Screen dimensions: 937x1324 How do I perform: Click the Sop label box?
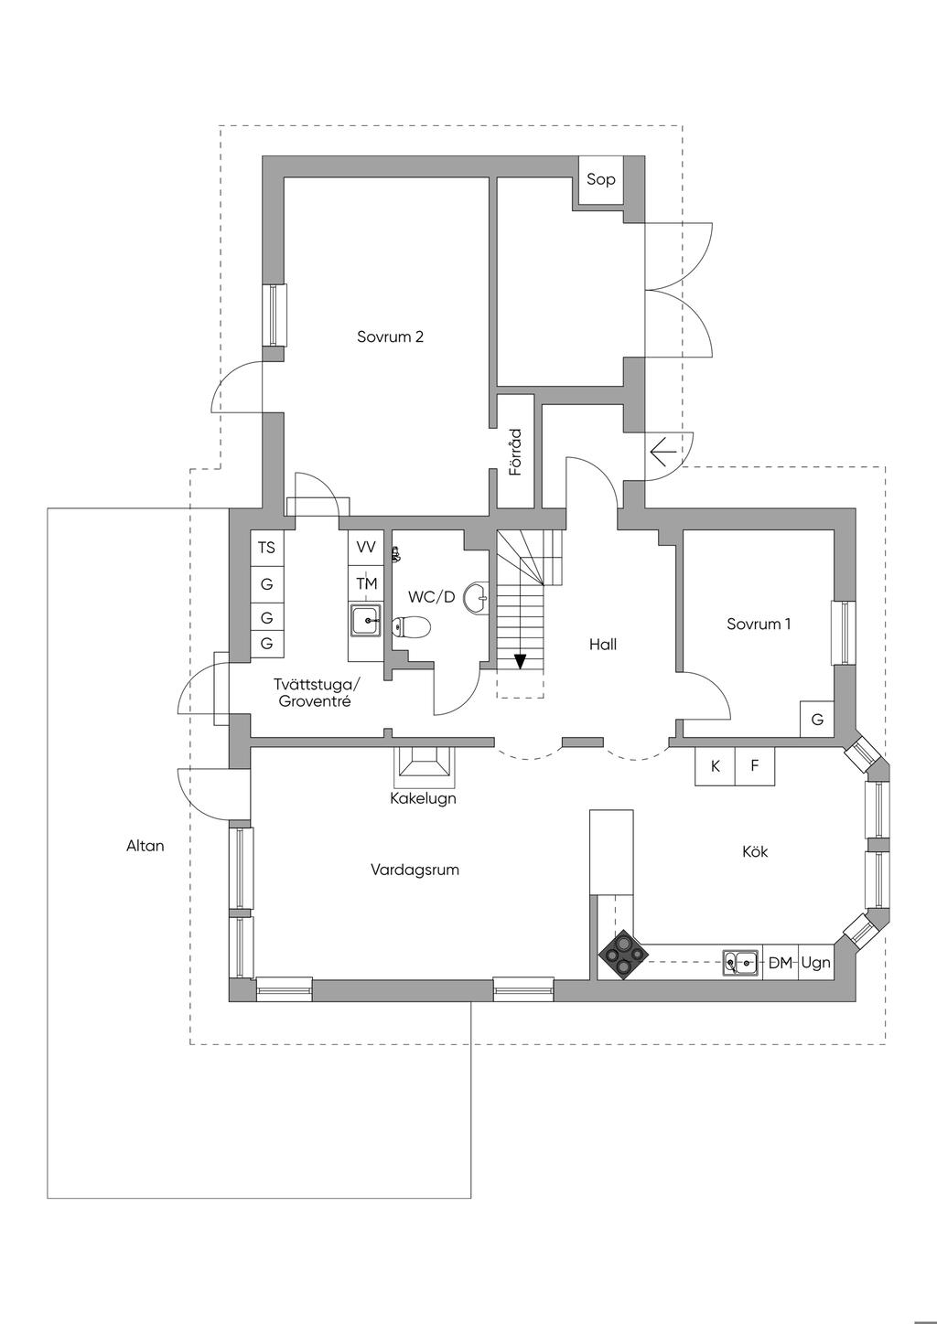pyautogui.click(x=601, y=180)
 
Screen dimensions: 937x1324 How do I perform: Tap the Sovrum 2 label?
pyautogui.click(x=391, y=336)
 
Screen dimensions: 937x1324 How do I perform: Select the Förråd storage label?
pyautogui.click(x=516, y=453)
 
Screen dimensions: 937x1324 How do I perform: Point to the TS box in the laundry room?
pyautogui.click(x=267, y=548)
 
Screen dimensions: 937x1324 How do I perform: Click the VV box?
pyautogui.click(x=366, y=548)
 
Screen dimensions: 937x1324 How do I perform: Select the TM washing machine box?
pyautogui.click(x=366, y=584)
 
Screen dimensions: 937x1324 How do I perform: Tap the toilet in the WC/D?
pyautogui.click(x=412, y=627)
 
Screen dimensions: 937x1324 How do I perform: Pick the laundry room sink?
pyautogui.click(x=366, y=621)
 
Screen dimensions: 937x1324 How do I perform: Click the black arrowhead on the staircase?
pyautogui.click(x=520, y=661)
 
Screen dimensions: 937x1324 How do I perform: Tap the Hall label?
pyautogui.click(x=603, y=645)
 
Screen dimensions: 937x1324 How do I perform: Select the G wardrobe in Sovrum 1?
pyautogui.click(x=817, y=720)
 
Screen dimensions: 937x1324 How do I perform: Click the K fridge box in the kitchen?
pyautogui.click(x=716, y=766)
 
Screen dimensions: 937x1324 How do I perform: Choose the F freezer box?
pyautogui.click(x=755, y=766)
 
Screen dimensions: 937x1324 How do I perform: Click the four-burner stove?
pyautogui.click(x=623, y=955)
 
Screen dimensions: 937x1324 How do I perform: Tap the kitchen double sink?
pyautogui.click(x=740, y=963)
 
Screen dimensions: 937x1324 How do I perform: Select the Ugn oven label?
pyautogui.click(x=815, y=963)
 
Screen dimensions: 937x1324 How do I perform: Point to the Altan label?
pyautogui.click(x=145, y=846)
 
